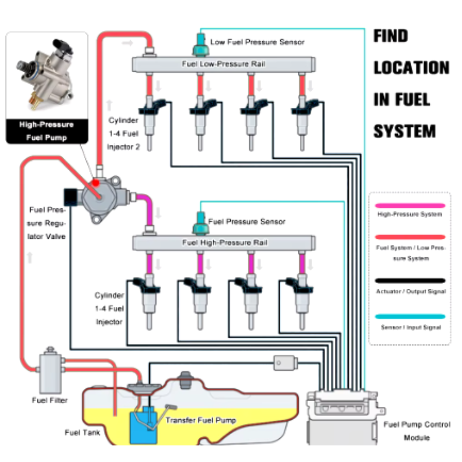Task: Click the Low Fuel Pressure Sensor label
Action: tap(258, 42)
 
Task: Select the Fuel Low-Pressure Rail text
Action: tap(224, 64)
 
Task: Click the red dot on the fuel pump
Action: tap(96, 183)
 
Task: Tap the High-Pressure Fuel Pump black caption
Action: tap(46, 131)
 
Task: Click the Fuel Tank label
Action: tap(83, 432)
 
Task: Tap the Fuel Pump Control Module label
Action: tap(417, 431)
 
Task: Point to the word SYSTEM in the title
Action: tap(404, 130)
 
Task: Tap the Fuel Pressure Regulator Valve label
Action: tap(47, 223)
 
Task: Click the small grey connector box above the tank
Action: tap(284, 363)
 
